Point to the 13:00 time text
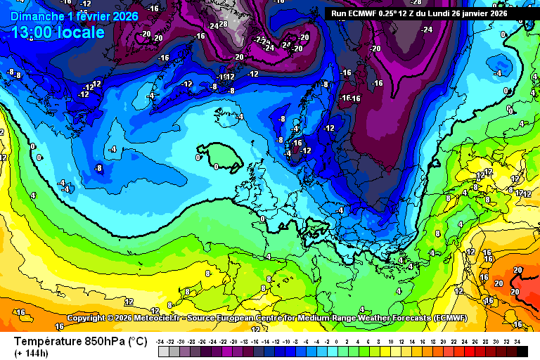click(31, 32)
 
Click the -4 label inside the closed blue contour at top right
click(498, 72)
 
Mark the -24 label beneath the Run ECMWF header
click(427, 30)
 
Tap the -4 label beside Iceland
click(239, 117)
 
